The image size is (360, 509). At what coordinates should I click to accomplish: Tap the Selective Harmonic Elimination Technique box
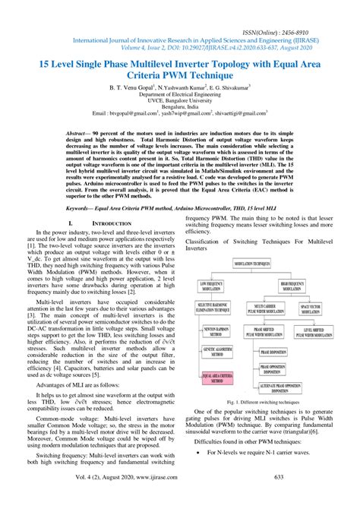214,309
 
